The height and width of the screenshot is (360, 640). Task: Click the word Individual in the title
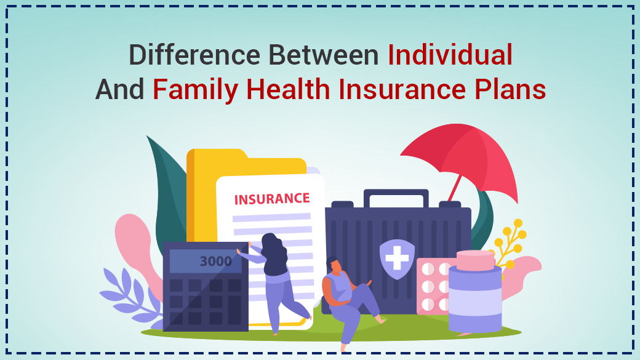pos(450,55)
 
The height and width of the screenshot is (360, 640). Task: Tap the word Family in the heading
pos(196,90)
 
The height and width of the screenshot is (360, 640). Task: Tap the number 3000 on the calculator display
pos(215,262)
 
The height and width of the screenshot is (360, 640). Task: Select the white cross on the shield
pos(396,257)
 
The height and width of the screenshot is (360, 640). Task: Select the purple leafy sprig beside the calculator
pos(126,292)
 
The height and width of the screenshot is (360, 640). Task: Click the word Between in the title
pos(323,55)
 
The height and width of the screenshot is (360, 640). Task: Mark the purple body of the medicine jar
pos(474,302)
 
